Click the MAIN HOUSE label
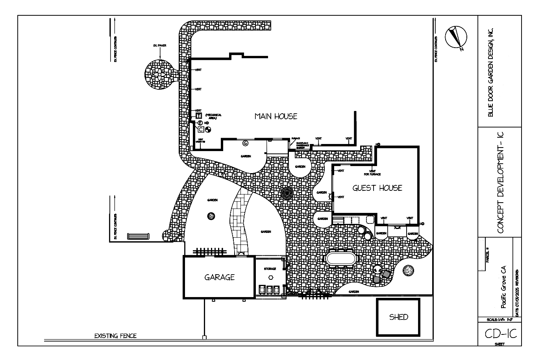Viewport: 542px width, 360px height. [x=276, y=116]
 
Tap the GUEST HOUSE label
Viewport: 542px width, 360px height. [x=377, y=188]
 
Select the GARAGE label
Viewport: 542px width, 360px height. [x=219, y=277]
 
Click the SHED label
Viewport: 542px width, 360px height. [x=398, y=317]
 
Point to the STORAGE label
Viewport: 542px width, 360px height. [x=270, y=269]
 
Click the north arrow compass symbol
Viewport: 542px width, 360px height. [x=456, y=38]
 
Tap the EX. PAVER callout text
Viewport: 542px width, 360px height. [x=159, y=46]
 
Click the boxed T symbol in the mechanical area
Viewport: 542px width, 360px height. [x=199, y=116]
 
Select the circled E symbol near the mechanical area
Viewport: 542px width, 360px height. [x=200, y=123]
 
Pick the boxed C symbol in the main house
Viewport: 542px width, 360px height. [x=200, y=129]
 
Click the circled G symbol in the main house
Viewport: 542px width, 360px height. [x=245, y=142]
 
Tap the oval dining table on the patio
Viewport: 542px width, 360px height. [x=341, y=259]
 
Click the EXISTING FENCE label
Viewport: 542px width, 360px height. [x=115, y=336]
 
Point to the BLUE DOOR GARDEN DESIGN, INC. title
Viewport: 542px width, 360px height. [x=490, y=72]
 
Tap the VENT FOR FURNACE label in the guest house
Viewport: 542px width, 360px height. [x=372, y=172]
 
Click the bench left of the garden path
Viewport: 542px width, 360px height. [x=138, y=236]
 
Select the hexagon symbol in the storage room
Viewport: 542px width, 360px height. [x=271, y=277]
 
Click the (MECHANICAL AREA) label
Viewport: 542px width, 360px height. [x=213, y=116]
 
